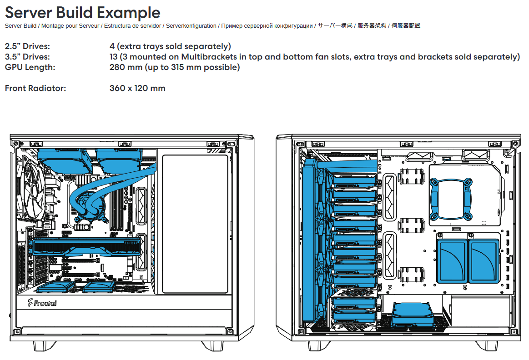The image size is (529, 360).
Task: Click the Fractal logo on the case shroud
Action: tap(42, 303)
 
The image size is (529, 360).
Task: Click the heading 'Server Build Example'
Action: tap(83, 12)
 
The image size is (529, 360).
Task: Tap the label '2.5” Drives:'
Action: tap(27, 46)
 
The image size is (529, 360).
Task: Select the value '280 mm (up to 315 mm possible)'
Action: tap(175, 67)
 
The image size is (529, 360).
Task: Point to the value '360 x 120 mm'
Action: tap(137, 88)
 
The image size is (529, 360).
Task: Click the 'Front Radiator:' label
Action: tap(35, 88)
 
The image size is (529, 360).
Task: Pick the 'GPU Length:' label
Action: tap(30, 67)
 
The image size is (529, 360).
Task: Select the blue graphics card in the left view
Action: tap(87, 247)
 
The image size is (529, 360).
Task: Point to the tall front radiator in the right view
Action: tap(309, 240)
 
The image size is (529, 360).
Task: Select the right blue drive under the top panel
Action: tap(119, 159)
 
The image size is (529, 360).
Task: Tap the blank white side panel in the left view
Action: tap(195, 224)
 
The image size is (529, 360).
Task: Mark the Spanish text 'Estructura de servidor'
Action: tap(132, 25)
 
